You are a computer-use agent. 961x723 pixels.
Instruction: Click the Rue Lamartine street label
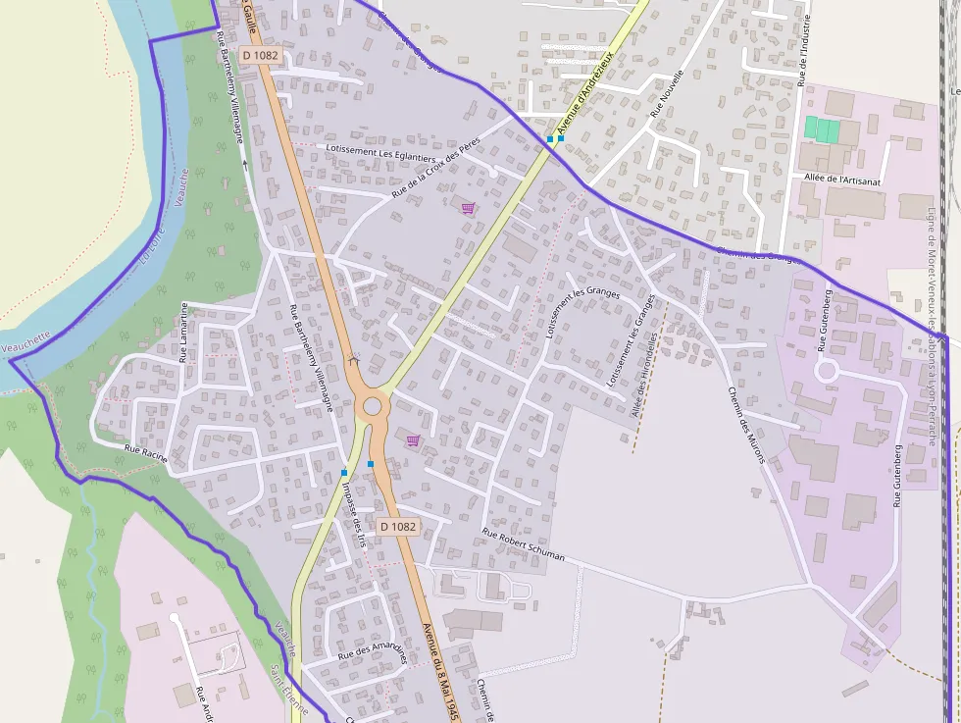coord(183,333)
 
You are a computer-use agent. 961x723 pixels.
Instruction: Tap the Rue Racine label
coord(145,453)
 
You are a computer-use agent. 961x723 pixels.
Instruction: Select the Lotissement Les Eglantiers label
coord(380,152)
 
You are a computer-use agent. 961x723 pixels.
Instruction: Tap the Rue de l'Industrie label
coord(805,50)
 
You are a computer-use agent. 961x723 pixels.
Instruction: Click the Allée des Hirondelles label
coord(650,377)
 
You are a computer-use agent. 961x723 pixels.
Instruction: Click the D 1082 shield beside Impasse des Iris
coord(397,526)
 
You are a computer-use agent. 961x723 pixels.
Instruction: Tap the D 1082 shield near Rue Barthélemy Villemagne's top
coord(260,56)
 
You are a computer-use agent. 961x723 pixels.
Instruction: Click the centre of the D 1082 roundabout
coord(372,406)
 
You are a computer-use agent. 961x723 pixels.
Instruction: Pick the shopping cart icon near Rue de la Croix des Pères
coord(468,208)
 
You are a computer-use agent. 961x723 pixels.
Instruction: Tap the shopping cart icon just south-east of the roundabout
coord(413,440)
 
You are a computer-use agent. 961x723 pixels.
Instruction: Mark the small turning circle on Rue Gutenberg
coord(826,371)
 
